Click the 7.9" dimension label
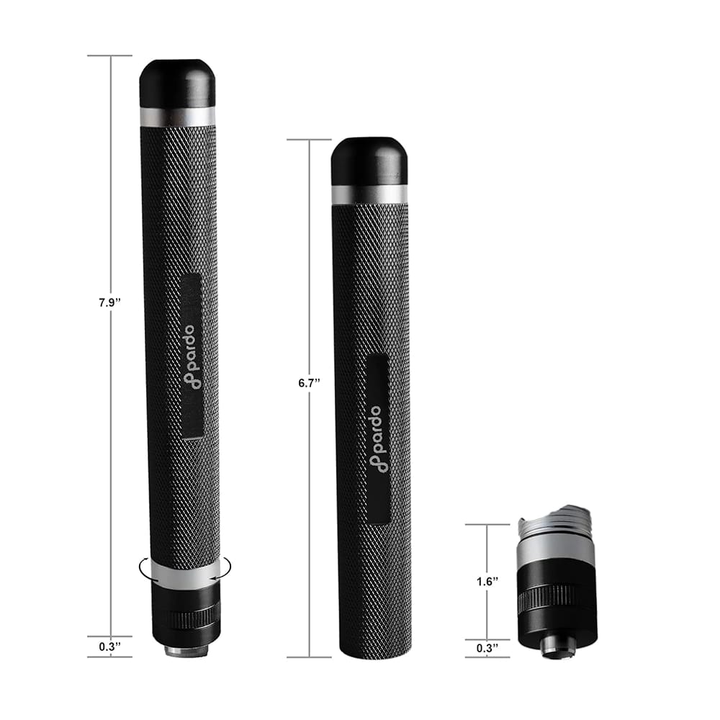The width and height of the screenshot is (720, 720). click(109, 303)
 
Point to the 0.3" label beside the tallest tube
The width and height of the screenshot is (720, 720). click(109, 646)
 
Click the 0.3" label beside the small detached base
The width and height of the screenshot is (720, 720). click(487, 648)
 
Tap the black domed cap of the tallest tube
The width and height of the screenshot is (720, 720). click(177, 83)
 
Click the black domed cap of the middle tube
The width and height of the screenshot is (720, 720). click(369, 161)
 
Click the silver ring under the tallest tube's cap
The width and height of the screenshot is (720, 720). click(177, 117)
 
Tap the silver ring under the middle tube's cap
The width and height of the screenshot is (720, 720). click(369, 194)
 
